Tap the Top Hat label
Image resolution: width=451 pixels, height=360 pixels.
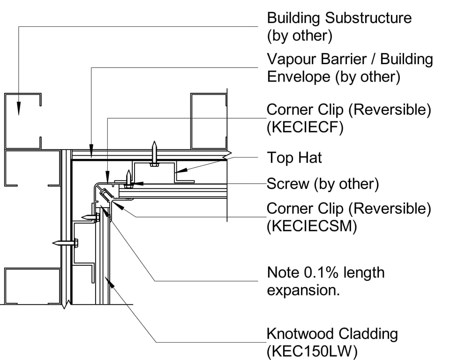click(x=294, y=157)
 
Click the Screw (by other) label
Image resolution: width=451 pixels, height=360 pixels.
click(x=322, y=184)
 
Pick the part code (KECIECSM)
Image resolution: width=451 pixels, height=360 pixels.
click(x=312, y=226)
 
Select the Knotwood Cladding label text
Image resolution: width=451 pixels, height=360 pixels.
click(x=332, y=334)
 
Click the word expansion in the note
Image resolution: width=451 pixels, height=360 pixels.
click(x=303, y=290)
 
